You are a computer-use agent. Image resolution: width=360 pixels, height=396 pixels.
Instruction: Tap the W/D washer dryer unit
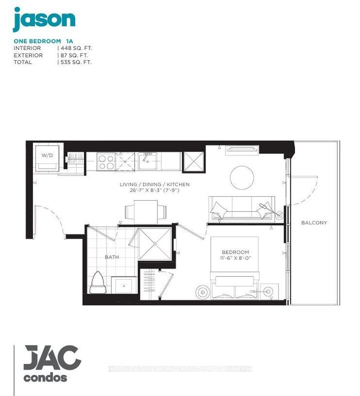pos(47,157)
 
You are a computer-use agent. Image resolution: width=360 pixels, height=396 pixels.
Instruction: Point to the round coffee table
pos(243,177)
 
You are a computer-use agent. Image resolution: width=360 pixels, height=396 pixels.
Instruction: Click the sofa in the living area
pos(238,208)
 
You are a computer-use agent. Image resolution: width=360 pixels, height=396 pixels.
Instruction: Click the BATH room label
pos(112,257)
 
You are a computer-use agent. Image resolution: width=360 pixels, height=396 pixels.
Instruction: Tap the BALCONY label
pos(314,223)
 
